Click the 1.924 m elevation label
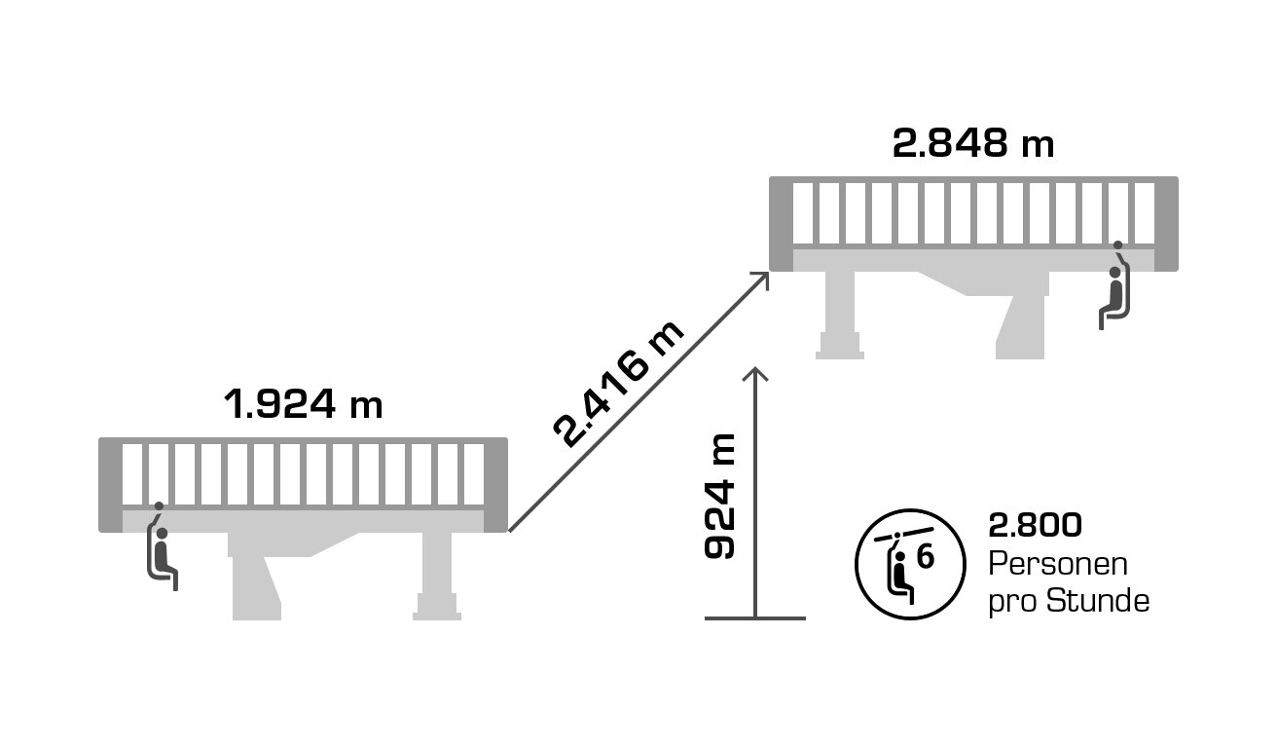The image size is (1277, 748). (303, 403)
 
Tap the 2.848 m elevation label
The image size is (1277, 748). (973, 143)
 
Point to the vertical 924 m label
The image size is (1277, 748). (720, 496)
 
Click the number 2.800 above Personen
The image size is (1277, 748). (1035, 526)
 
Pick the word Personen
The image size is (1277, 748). (1058, 564)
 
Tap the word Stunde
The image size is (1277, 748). (1098, 601)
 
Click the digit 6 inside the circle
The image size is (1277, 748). (925, 557)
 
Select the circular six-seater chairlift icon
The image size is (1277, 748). (909, 564)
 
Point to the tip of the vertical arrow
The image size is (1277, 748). (755, 370)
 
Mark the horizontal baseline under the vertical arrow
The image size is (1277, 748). (755, 617)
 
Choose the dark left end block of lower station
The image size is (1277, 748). (110, 485)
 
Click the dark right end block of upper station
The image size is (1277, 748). (1166, 224)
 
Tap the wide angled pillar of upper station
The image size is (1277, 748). (1022, 317)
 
